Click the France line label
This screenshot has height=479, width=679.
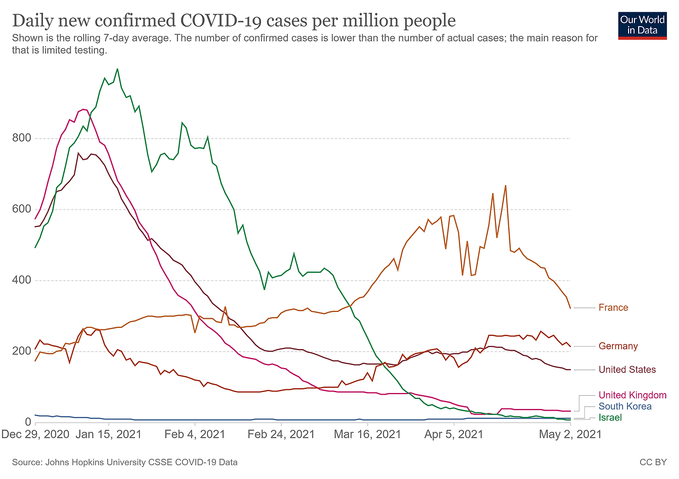coord(613,308)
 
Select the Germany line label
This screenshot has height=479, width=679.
coord(618,346)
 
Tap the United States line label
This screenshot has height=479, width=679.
coord(627,370)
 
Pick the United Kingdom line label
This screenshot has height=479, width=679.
coord(632,395)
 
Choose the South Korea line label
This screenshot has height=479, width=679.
coord(625,406)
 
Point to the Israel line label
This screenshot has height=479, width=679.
coord(610,418)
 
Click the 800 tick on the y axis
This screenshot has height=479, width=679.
coord(21,138)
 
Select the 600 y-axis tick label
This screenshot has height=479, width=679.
coord(21,210)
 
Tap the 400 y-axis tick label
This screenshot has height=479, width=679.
coord(21,281)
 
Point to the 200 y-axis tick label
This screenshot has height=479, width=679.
coord(21,351)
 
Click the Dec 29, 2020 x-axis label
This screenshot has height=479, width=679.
coord(35,434)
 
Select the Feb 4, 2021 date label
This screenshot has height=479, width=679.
coord(195,434)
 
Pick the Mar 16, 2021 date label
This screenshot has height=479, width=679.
coord(367,434)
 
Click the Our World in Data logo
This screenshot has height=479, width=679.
coord(642,25)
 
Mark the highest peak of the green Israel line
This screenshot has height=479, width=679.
coord(117,68)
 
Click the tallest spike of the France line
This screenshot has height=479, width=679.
coord(506,185)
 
